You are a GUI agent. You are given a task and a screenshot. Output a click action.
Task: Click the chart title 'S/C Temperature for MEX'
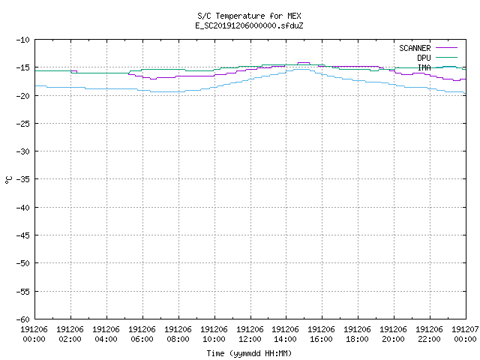click(x=249, y=16)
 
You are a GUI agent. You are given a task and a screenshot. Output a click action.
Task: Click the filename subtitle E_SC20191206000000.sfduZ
click(x=249, y=25)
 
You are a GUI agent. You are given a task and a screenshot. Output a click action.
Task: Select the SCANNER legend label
click(x=415, y=48)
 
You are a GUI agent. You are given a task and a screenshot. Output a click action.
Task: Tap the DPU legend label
click(x=424, y=58)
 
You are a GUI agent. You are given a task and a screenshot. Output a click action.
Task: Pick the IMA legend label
click(x=424, y=67)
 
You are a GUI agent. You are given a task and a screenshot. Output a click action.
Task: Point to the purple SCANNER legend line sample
click(x=447, y=48)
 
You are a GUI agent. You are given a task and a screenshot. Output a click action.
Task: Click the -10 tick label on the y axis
click(x=23, y=40)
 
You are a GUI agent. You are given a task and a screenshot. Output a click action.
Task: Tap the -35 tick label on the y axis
click(x=23, y=179)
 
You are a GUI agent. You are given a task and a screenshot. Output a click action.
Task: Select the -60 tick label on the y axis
click(x=23, y=319)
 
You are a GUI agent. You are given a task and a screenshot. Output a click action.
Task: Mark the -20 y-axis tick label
click(x=23, y=96)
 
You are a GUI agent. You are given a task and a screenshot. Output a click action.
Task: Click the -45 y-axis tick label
click(x=23, y=235)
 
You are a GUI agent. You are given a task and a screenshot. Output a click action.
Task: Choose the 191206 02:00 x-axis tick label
click(x=70, y=334)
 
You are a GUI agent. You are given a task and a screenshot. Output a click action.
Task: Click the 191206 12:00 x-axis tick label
click(x=250, y=334)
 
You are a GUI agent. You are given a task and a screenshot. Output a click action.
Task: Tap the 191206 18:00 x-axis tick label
click(x=357, y=334)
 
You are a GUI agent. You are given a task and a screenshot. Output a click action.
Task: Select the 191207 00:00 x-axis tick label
click(x=465, y=334)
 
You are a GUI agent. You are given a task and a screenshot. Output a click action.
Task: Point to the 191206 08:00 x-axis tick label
click(x=178, y=334)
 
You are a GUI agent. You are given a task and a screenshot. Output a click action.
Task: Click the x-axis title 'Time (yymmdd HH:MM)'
click(x=249, y=353)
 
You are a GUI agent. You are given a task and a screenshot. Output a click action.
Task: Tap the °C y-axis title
click(x=9, y=180)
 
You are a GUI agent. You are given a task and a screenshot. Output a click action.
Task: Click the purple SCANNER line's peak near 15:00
click(x=304, y=63)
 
